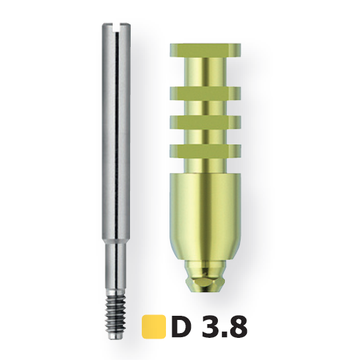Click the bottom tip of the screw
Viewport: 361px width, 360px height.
(115, 338)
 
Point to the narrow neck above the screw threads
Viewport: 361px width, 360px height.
(115, 265)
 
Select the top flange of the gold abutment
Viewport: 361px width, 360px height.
(205, 50)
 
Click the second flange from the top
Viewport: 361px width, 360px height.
(205, 94)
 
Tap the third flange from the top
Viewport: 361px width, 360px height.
(205, 122)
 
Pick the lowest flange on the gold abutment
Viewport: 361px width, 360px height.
(205, 151)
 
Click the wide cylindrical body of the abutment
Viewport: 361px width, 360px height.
(205, 216)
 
